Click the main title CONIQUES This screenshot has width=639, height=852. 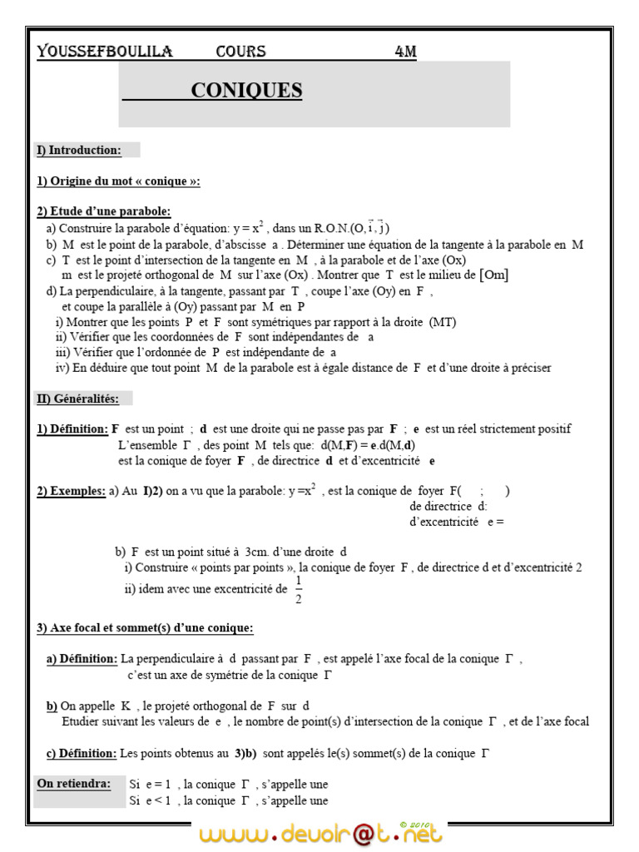246,91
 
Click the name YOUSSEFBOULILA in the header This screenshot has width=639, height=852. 105,52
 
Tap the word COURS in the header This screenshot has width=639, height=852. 240,52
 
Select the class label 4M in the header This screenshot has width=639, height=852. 405,52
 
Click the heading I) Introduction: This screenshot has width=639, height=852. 78,151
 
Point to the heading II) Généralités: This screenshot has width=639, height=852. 77,399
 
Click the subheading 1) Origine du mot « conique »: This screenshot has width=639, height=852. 118,181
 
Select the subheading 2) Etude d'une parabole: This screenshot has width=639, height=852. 103,211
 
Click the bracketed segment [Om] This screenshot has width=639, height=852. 494,275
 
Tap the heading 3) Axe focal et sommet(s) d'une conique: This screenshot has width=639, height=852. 145,627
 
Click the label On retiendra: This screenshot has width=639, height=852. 73,784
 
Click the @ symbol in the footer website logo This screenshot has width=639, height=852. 358,834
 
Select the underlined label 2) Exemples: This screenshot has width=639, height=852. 71,491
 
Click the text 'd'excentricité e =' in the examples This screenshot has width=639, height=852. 457,523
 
